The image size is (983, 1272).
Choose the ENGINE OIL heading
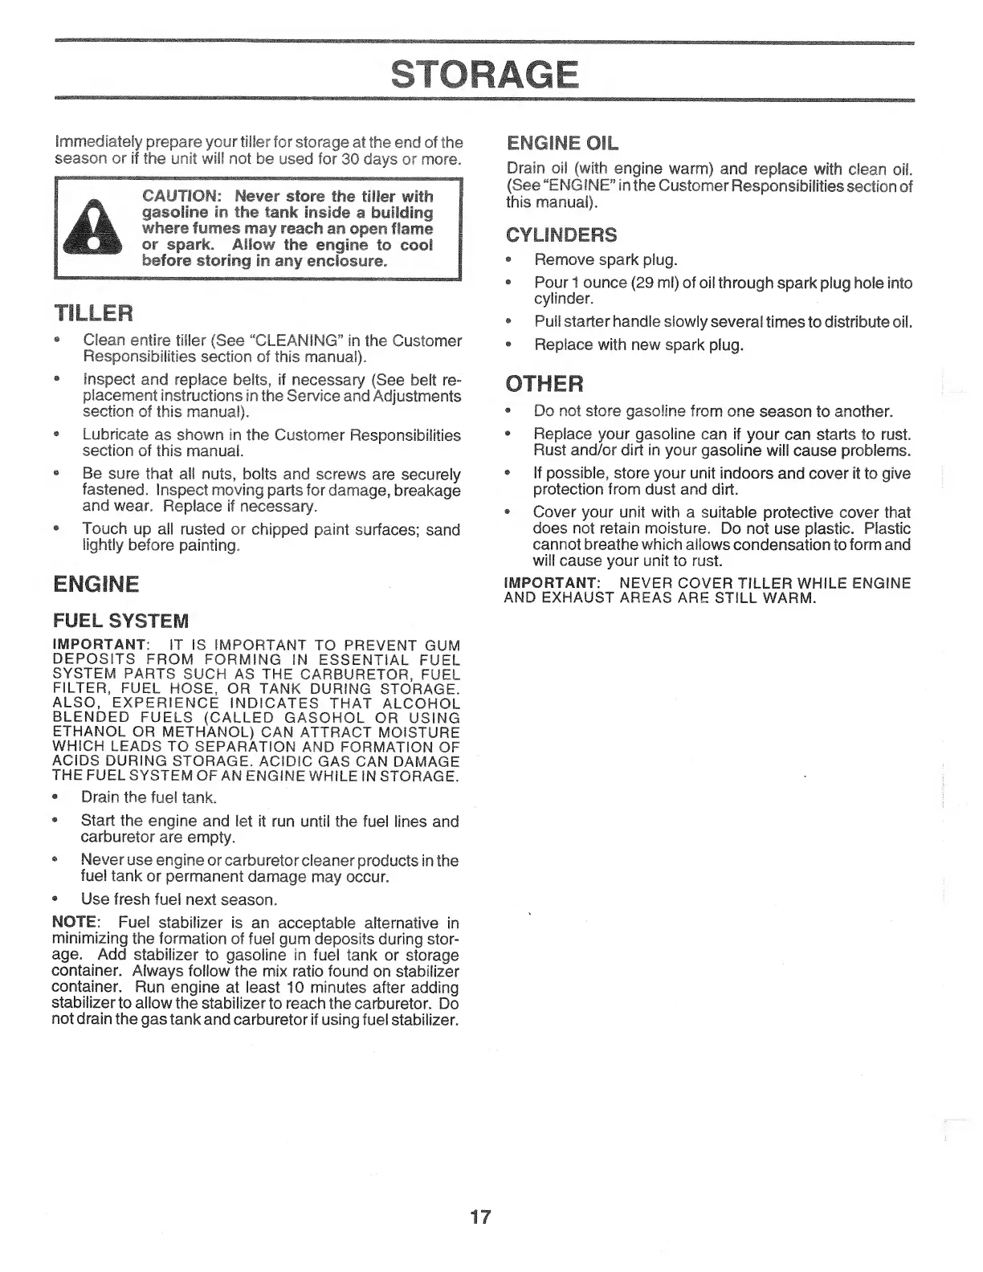(563, 145)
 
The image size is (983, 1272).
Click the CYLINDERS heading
(561, 235)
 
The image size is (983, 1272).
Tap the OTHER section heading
(544, 384)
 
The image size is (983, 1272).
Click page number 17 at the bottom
(479, 1217)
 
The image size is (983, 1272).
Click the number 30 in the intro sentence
(349, 159)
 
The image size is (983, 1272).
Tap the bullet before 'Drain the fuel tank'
(55, 798)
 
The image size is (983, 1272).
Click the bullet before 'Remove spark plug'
(508, 261)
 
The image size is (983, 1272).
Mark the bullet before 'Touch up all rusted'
(55, 530)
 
